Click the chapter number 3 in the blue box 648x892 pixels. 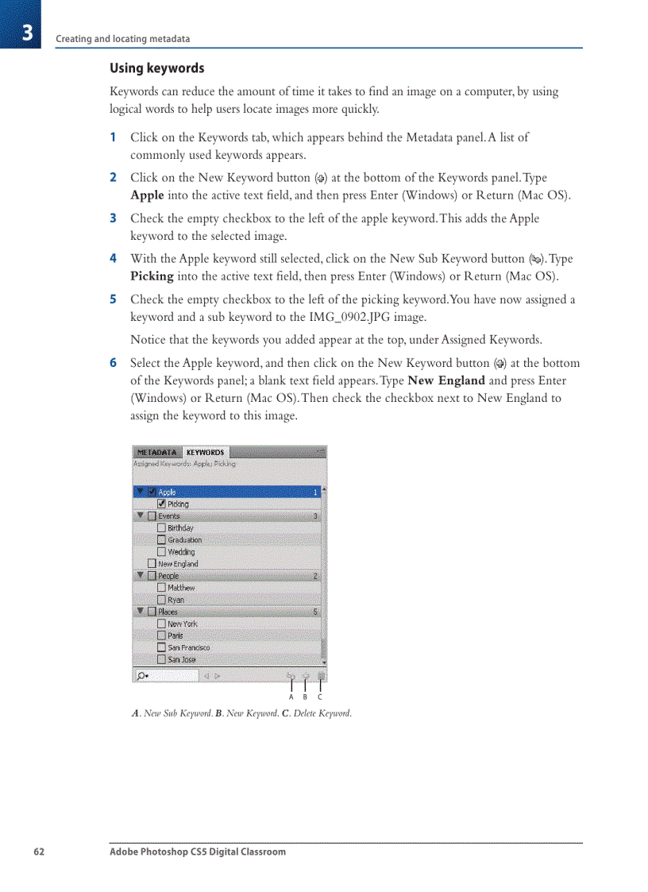click(x=27, y=33)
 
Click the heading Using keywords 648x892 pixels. click(x=156, y=68)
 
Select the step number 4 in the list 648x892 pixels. click(x=113, y=258)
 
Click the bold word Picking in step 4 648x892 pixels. click(x=152, y=276)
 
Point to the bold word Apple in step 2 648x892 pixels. click(x=147, y=195)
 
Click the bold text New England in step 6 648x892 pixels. click(x=445, y=380)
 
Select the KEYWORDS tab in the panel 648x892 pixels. click(x=205, y=452)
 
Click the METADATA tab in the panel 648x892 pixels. click(x=156, y=452)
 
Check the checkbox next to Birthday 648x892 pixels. click(x=161, y=527)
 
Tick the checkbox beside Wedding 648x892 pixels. click(x=161, y=551)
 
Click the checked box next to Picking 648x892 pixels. click(x=161, y=504)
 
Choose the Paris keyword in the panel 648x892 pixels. click(x=175, y=635)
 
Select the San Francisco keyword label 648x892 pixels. click(x=189, y=647)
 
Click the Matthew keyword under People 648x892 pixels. click(x=181, y=588)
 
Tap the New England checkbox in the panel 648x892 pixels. click(x=152, y=563)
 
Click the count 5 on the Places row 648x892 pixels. click(x=315, y=612)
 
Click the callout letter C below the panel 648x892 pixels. click(x=319, y=697)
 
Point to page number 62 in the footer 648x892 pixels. click(x=39, y=851)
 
